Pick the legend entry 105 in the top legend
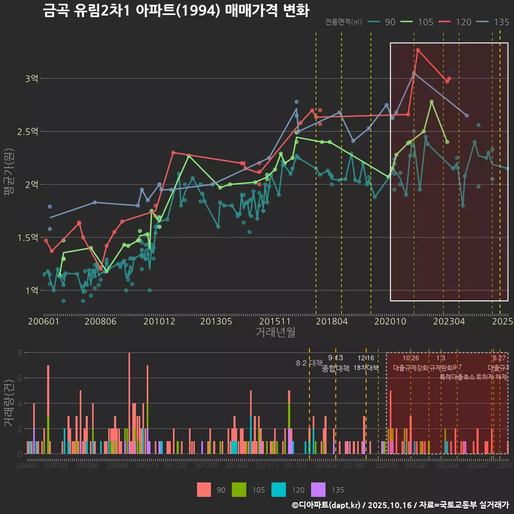pyautogui.click(x=419, y=22)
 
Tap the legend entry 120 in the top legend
pyautogui.click(x=457, y=22)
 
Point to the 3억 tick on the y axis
pyautogui.click(x=32, y=79)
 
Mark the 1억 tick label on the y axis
pyautogui.click(x=32, y=290)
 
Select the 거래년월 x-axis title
pyautogui.click(x=275, y=332)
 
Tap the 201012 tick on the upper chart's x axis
pyautogui.click(x=159, y=321)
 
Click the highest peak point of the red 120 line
pyautogui.click(x=418, y=50)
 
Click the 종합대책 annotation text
pyautogui.click(x=336, y=368)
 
